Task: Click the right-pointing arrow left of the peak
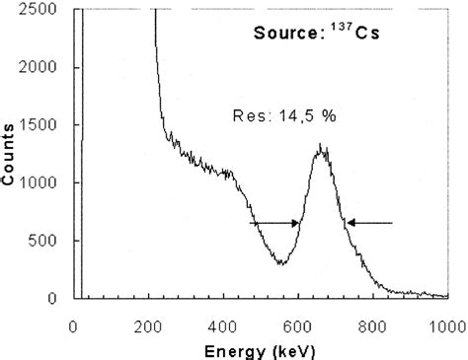click(x=275, y=223)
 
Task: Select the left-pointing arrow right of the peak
click(x=370, y=223)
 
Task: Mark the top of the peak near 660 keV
click(x=321, y=147)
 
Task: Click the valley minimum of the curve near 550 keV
click(x=281, y=264)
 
